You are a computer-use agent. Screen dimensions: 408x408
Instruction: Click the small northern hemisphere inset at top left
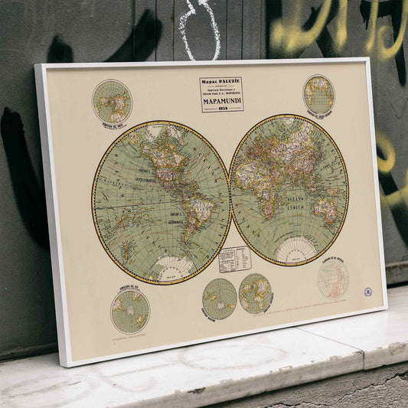(x=112, y=101)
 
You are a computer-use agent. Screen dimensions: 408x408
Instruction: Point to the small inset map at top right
(x=318, y=94)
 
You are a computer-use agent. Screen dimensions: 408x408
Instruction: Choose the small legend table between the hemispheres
(x=234, y=259)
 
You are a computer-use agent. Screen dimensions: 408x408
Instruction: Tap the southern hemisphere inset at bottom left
(x=130, y=310)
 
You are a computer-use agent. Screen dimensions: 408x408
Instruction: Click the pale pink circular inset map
(x=333, y=279)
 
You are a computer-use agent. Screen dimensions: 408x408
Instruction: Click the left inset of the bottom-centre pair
(x=220, y=299)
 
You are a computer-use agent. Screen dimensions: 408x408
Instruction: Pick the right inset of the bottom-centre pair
(x=255, y=293)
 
